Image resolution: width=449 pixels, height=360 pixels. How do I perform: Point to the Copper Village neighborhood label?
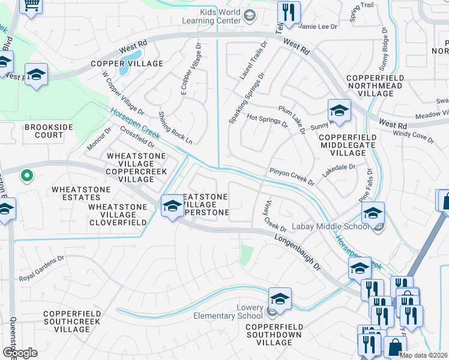[x=127, y=64]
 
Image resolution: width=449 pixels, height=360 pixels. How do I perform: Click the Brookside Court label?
[x=44, y=131]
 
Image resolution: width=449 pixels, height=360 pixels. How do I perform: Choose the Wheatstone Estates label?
[x=76, y=193]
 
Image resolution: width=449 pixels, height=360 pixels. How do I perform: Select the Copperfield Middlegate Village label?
[x=348, y=145]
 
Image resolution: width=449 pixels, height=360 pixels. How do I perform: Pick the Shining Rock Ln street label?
[x=175, y=128]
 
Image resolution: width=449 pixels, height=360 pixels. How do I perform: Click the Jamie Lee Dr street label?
[x=319, y=26]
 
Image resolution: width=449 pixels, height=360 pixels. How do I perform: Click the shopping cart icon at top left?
[x=31, y=4]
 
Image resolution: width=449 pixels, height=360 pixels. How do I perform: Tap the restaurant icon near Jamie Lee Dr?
[x=289, y=13]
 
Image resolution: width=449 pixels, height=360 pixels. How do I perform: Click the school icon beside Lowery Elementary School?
[x=280, y=297]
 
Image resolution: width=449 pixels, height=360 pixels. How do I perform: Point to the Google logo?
[x=20, y=352]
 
